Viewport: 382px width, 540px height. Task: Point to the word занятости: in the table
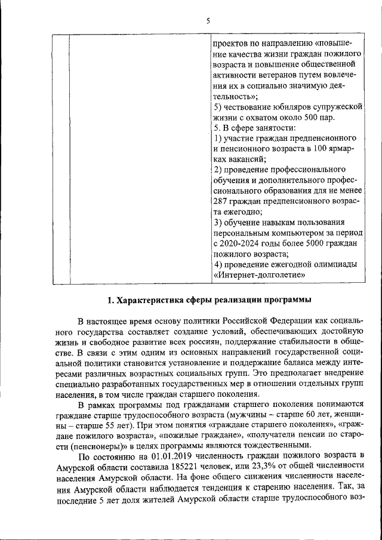click(x=276, y=128)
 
